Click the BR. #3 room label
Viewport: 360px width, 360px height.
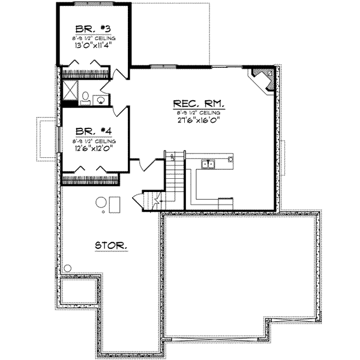[x=92, y=29]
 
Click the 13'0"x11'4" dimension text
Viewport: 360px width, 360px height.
[x=92, y=44]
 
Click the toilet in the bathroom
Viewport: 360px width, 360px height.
[x=86, y=96]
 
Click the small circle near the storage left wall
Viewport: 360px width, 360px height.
[x=68, y=268]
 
